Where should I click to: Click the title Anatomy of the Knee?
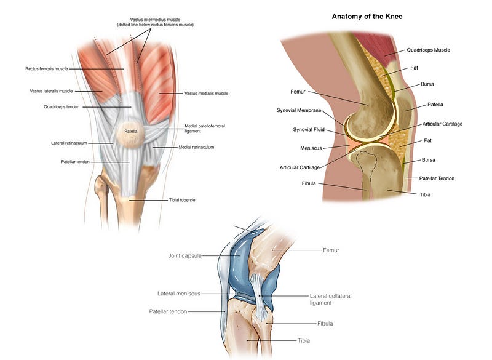[x=371, y=17]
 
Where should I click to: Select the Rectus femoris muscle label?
[x=46, y=69]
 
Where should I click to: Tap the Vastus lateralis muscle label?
[x=51, y=91]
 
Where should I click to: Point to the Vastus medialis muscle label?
[x=206, y=94]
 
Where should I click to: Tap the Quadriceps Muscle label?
[x=432, y=50]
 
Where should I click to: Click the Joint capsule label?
[x=184, y=255]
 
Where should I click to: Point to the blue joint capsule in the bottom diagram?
[x=238, y=271]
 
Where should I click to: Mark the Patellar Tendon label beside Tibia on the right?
[x=437, y=178]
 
